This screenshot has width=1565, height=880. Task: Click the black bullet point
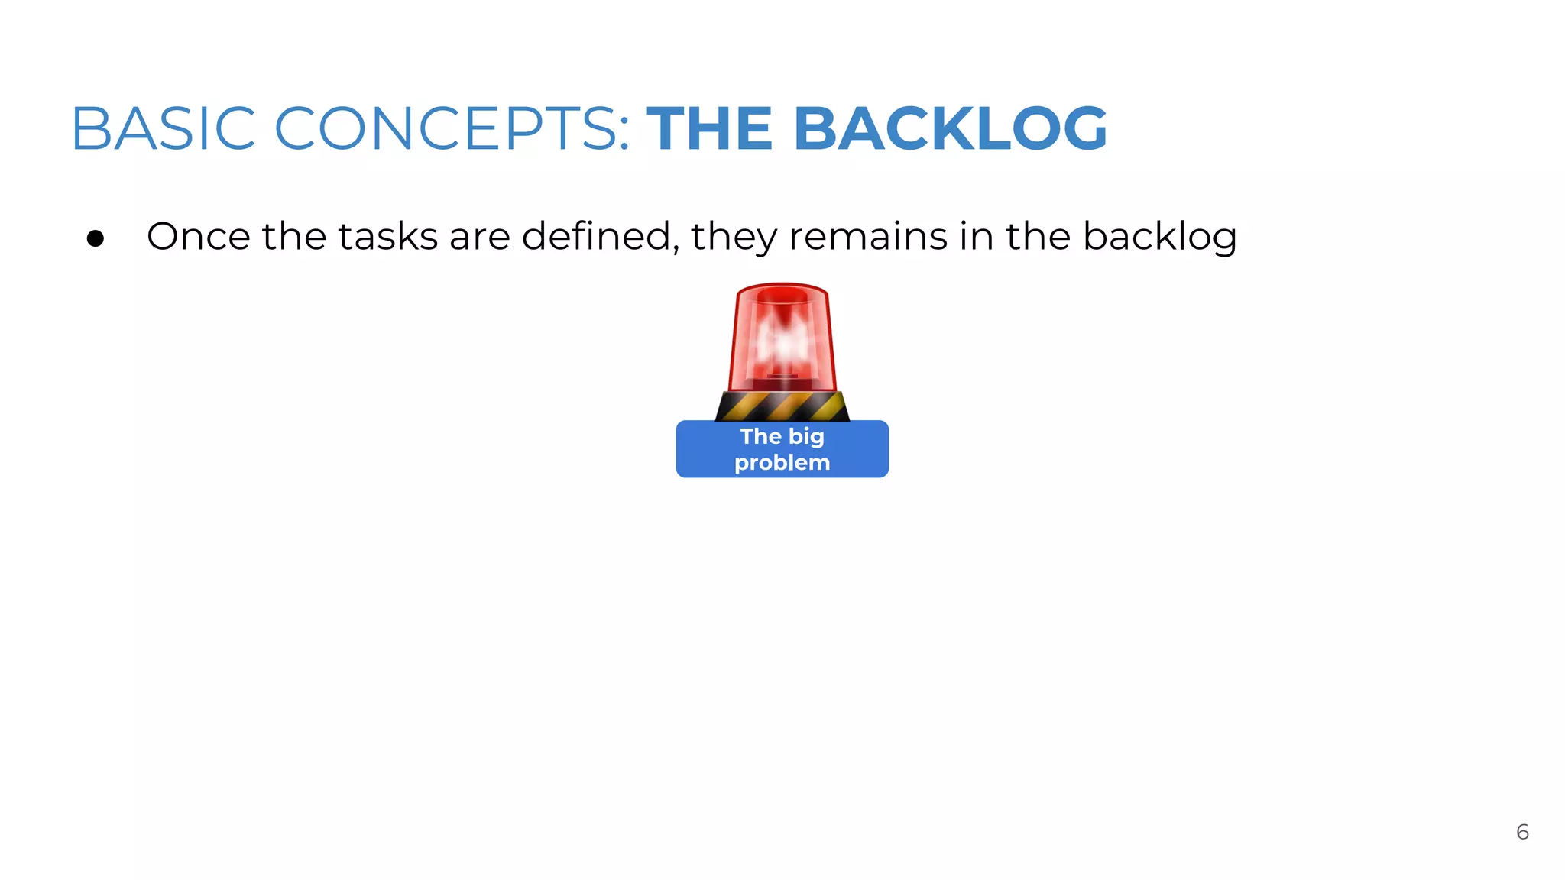tap(96, 239)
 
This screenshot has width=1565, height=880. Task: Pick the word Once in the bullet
tap(198, 236)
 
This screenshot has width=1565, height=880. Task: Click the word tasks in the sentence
tap(387, 236)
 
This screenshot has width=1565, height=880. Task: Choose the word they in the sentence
tap(734, 238)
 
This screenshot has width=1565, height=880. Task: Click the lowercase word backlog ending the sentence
tap(1159, 238)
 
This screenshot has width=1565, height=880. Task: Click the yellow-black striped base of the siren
tap(782, 406)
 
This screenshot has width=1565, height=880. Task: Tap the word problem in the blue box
tap(782, 463)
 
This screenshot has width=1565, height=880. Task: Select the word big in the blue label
tap(806, 438)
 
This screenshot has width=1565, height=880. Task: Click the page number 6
tap(1522, 832)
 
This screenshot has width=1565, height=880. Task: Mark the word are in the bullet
tap(479, 238)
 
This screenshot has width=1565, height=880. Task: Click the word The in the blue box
tap(760, 436)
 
